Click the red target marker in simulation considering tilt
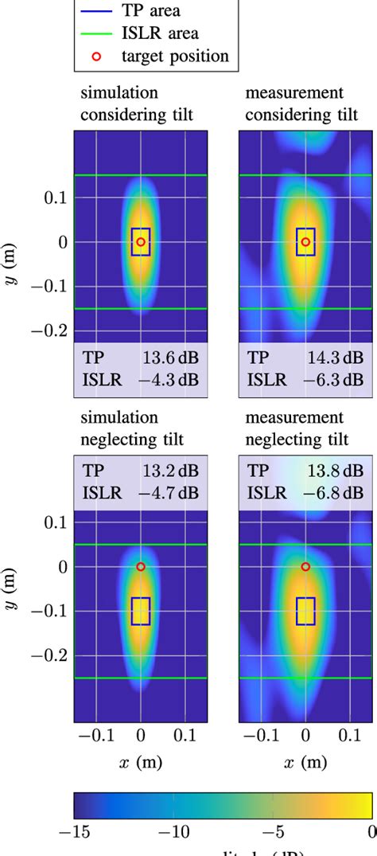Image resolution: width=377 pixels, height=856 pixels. pos(141,241)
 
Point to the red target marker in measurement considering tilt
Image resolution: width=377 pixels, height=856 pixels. pos(305,241)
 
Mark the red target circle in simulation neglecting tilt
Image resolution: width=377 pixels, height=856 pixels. pos(141,566)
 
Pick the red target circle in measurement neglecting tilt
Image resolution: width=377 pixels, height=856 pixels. pos(305,566)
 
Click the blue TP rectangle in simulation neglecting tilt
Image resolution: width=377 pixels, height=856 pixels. pos(141,611)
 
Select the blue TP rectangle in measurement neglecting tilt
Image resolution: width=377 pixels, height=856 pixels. pos(305,611)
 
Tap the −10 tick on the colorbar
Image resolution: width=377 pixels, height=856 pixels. pos(173,831)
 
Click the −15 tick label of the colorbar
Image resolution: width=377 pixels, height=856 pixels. pos(73,831)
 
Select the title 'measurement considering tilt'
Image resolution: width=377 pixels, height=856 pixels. pos(301,104)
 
